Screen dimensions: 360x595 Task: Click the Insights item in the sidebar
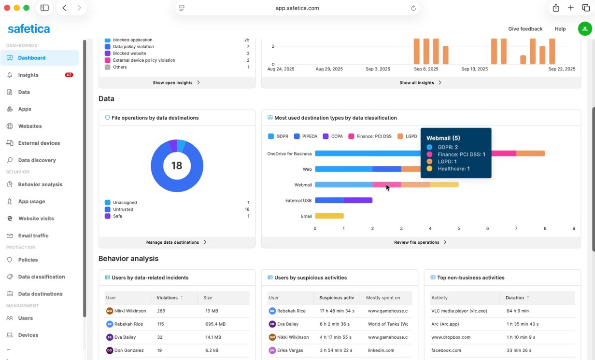(28, 75)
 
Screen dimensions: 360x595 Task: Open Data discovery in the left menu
(37, 160)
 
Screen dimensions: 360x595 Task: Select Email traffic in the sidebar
(33, 235)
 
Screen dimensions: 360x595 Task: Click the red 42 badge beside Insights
(69, 75)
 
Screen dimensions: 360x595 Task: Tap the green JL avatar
(585, 29)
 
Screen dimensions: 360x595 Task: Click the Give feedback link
(525, 29)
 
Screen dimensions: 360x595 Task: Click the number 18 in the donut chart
(177, 166)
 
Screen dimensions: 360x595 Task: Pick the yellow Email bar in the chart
(329, 216)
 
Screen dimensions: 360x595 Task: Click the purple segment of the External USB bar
(358, 200)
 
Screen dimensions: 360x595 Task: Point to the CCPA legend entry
(333, 137)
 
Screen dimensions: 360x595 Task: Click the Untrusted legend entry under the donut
(123, 209)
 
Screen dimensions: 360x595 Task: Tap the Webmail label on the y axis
(303, 185)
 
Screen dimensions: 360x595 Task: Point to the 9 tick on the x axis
(574, 228)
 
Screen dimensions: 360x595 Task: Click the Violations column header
(167, 298)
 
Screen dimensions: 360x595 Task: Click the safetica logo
(29, 29)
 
